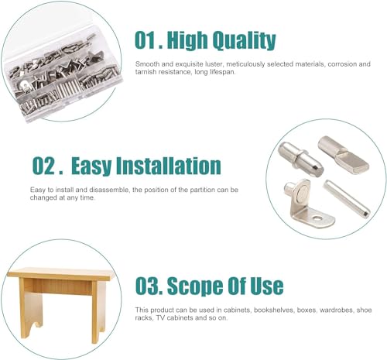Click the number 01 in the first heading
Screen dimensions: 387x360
coord(146,40)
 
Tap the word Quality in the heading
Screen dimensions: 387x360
coord(244,41)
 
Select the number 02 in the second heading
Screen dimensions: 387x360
coord(43,166)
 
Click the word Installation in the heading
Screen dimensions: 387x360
coord(168,166)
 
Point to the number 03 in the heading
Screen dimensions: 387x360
coord(147,286)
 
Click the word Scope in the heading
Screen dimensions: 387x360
coord(192,286)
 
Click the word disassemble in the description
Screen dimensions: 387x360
coord(108,190)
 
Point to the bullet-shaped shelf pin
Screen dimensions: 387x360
coord(300,159)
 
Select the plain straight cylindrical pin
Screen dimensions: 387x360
coord(347,199)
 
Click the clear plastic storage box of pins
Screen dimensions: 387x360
coord(62,75)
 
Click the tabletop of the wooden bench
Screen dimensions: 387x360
coord(60,274)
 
